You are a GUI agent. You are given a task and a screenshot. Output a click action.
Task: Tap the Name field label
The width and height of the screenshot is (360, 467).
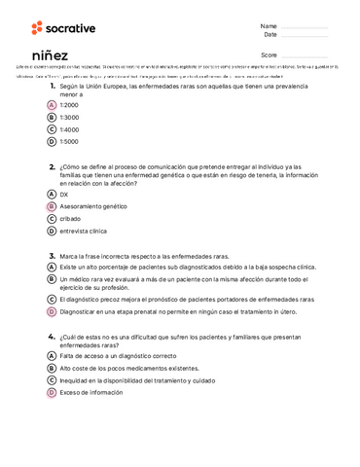point(269,25)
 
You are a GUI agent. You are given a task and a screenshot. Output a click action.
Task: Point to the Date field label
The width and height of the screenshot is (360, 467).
point(270,35)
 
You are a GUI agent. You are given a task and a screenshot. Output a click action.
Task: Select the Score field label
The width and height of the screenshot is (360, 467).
point(270,55)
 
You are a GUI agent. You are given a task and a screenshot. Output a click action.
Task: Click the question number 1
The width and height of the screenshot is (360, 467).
point(52,87)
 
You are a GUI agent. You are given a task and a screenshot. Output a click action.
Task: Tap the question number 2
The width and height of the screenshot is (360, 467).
point(52,166)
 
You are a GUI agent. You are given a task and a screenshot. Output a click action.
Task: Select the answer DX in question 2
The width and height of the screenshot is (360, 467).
point(64,195)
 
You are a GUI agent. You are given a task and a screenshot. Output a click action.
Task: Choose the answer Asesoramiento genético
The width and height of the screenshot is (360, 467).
point(93,207)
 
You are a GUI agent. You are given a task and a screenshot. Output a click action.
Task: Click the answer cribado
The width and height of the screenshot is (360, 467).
point(70,219)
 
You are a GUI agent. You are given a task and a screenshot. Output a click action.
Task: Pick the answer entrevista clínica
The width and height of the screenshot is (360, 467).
point(83,232)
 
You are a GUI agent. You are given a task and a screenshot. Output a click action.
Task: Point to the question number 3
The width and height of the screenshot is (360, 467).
point(52,255)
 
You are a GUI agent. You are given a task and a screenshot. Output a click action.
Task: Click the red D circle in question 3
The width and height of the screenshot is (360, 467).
point(51,312)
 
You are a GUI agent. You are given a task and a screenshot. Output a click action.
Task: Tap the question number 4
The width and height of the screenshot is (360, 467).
point(52,336)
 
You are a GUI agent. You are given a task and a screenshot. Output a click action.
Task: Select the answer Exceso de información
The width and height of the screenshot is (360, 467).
point(91,392)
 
